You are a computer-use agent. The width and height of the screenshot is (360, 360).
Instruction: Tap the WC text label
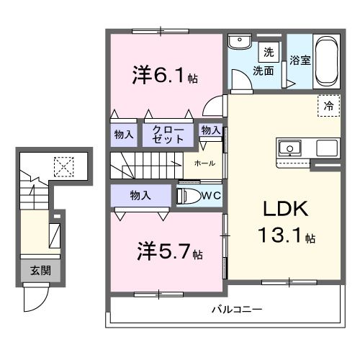tap(211, 195)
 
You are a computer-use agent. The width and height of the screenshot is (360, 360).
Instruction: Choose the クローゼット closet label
tap(167, 134)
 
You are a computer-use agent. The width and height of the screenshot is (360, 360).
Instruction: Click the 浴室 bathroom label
tap(301, 60)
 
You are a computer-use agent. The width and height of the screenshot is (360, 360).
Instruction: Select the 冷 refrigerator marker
tap(329, 106)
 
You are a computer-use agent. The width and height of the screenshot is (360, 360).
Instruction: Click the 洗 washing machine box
tap(268, 52)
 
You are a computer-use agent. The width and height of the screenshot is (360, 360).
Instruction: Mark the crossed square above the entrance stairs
tap(64, 166)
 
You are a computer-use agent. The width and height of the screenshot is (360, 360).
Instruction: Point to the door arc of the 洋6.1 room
tap(214, 106)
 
